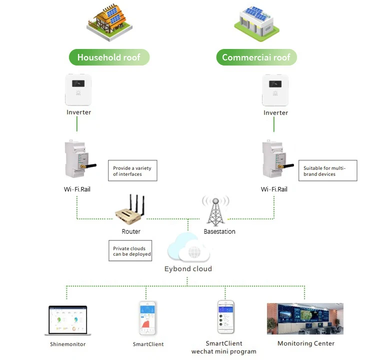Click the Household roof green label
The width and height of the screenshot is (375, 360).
[x=108, y=57]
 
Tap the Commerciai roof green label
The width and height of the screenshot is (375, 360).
[x=256, y=57]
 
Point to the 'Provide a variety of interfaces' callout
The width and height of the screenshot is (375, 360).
[x=132, y=170]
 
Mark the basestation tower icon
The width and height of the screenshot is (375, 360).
[x=215, y=210]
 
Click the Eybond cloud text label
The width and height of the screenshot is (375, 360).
[x=188, y=269]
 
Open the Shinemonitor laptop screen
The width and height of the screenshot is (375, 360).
[x=67, y=320]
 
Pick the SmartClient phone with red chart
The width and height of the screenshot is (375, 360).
[x=148, y=318]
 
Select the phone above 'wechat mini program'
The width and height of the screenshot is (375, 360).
[x=224, y=317]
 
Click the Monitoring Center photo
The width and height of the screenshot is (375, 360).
[x=305, y=319]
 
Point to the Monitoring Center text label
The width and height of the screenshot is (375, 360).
[x=306, y=343]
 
